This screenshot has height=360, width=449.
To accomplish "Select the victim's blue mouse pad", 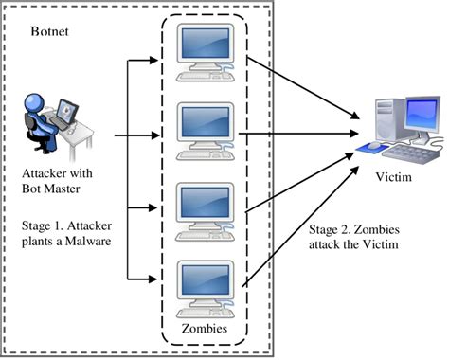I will [x=367, y=149].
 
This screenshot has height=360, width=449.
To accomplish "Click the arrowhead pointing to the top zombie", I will [x=151, y=63].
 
